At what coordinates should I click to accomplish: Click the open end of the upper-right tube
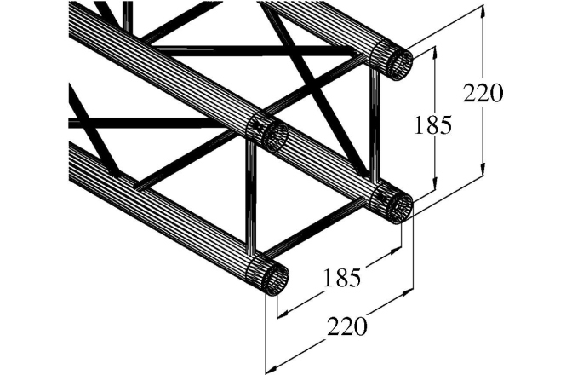coord(398,63)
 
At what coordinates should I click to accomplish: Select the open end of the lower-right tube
coord(398,206)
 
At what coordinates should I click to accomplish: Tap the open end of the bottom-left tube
coord(274,277)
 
